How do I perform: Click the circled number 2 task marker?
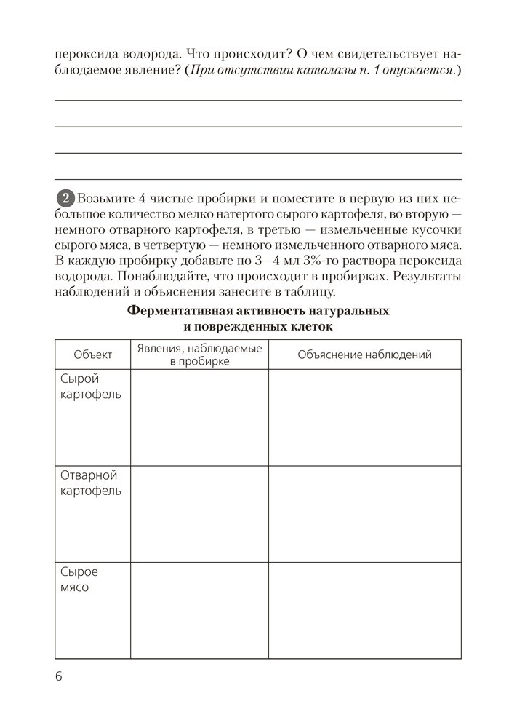(x=65, y=198)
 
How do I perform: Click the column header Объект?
(x=92, y=355)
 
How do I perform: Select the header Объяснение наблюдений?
(x=365, y=355)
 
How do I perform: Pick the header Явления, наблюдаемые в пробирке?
(x=199, y=355)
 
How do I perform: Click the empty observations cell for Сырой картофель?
(x=199, y=416)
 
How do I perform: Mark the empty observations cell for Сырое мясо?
(x=199, y=609)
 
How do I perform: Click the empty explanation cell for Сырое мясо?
(x=365, y=609)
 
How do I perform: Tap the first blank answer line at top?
(x=258, y=100)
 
